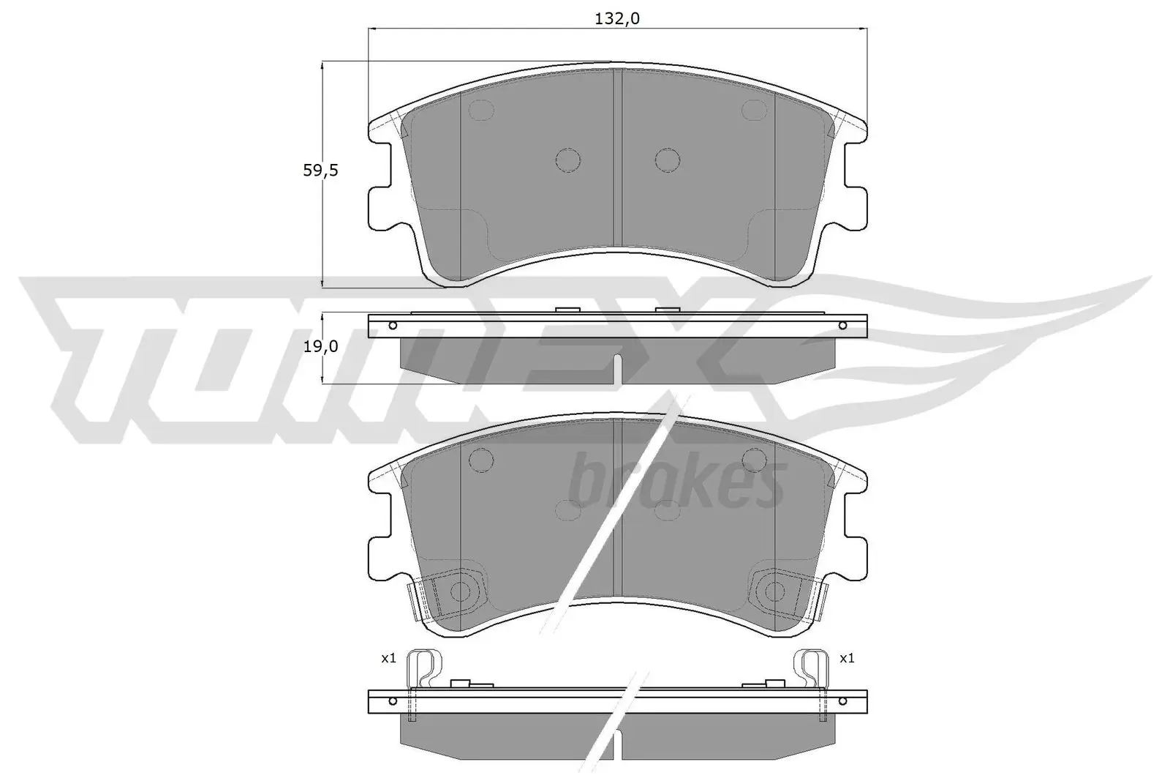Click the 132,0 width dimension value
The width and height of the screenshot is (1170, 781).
click(618, 19)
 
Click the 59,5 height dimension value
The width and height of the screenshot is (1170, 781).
click(320, 171)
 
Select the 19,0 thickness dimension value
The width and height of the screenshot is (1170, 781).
click(320, 347)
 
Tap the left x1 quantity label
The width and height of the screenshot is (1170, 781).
click(388, 659)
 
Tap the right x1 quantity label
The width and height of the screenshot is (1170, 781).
click(847, 659)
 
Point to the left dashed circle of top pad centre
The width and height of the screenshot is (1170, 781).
click(567, 160)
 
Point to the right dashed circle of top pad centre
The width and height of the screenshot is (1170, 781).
click(667, 160)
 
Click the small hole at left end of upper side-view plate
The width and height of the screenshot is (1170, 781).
click(393, 325)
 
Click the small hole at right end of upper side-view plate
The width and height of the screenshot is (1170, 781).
click(842, 325)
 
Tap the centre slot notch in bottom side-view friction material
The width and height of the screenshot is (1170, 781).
click(619, 742)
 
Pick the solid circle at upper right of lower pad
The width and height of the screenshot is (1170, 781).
click(753, 459)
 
